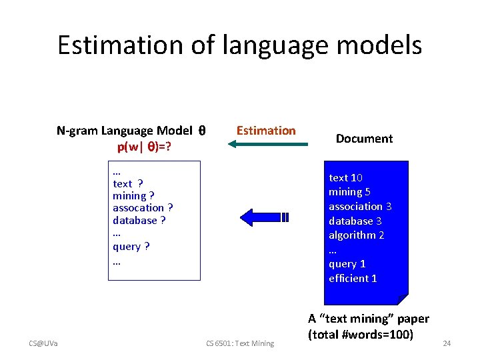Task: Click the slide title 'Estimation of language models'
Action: (239, 45)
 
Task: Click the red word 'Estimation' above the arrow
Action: (266, 131)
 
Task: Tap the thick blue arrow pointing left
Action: (263, 217)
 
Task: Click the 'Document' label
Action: (364, 139)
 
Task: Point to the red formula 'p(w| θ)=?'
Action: (144, 146)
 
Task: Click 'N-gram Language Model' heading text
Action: (125, 131)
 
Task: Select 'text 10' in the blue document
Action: (345, 177)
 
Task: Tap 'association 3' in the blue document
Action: (360, 206)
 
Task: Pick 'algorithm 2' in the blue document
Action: (356, 235)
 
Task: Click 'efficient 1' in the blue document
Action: (353, 278)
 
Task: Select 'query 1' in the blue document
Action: (347, 263)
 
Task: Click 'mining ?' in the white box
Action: (133, 195)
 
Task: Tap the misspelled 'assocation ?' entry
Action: (143, 208)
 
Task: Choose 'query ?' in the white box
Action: (131, 246)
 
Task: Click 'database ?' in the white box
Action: (139, 221)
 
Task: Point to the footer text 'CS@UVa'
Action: (43, 343)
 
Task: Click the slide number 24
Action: (447, 343)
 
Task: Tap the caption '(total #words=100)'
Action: (361, 333)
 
